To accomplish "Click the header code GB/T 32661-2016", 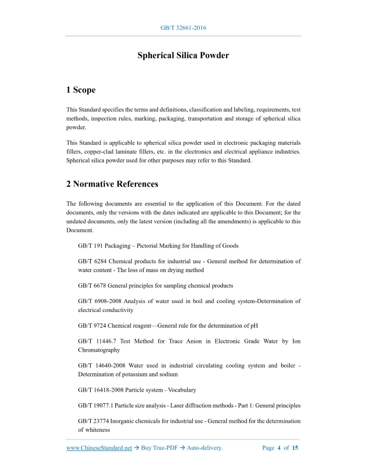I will tap(183, 28).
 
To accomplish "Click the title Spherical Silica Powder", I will tap(183, 55).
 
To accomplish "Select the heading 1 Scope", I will tap(81, 90).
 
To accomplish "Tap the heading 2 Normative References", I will tap(112, 184).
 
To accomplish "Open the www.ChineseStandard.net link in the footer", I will tap(99, 448).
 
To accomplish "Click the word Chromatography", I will tap(99, 350).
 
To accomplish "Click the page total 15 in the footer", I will tap(295, 448).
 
